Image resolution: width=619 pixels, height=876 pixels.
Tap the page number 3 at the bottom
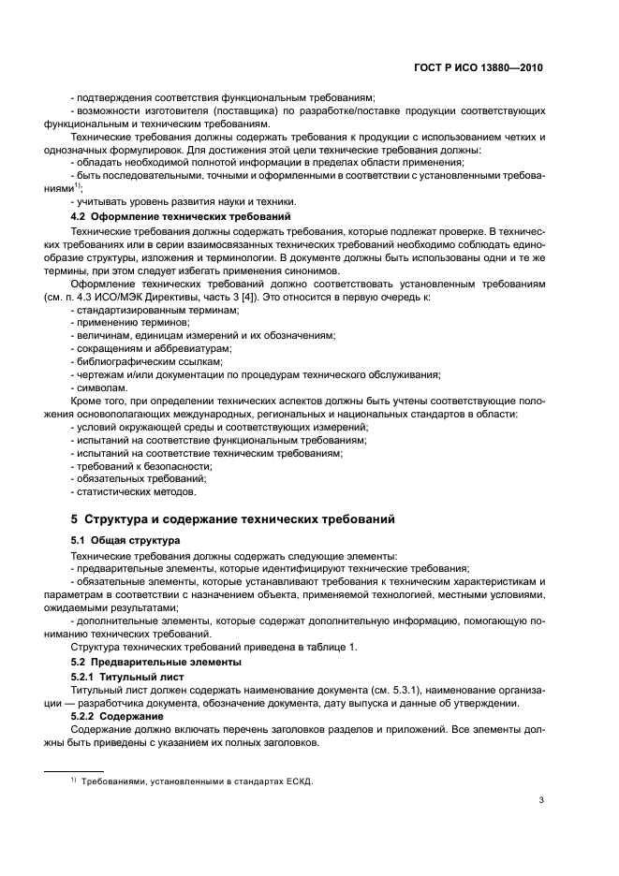(x=542, y=800)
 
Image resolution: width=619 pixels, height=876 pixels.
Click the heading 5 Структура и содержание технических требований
(x=233, y=518)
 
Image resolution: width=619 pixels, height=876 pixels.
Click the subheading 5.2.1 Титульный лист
(x=128, y=676)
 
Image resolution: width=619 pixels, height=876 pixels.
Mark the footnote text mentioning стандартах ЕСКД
(x=190, y=781)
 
